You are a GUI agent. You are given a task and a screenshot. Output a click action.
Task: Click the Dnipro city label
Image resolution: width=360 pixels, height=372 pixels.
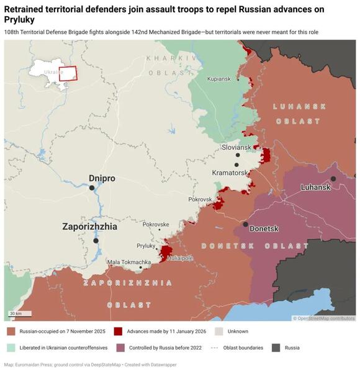pyautogui.click(x=102, y=178)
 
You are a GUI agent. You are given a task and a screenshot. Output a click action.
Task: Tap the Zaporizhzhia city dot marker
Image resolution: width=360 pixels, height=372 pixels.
pyautogui.click(x=96, y=240)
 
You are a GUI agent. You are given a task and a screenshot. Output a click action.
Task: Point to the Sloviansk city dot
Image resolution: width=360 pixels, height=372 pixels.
pyautogui.click(x=237, y=155)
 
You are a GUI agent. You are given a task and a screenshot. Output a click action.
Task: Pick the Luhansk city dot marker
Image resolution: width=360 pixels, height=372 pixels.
pyautogui.click(x=333, y=179)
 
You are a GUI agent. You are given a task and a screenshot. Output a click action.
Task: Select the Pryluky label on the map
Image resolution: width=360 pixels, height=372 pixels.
pyautogui.click(x=146, y=246)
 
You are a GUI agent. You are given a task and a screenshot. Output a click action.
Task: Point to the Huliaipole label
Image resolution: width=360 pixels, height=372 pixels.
pyautogui.click(x=180, y=257)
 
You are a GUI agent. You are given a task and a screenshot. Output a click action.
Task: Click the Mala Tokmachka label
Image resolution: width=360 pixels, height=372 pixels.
pyautogui.click(x=129, y=262)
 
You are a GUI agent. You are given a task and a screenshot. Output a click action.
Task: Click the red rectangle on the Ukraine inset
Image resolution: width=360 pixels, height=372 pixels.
pyautogui.click(x=68, y=73)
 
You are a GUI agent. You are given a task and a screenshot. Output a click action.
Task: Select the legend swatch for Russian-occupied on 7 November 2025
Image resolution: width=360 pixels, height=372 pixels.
pyautogui.click(x=11, y=332)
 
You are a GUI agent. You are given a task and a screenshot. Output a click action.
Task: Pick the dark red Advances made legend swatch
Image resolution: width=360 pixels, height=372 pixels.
pyautogui.click(x=118, y=332)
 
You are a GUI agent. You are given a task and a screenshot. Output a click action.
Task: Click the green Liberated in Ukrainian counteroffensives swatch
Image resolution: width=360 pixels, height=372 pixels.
pyautogui.click(x=11, y=348)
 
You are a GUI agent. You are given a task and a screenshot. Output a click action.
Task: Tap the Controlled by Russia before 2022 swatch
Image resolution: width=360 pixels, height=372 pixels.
pyautogui.click(x=118, y=348)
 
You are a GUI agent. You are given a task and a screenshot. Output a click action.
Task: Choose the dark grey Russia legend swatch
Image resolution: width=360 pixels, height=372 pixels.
pyautogui.click(x=276, y=348)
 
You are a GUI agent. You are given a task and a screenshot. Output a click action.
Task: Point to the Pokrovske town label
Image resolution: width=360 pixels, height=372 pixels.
pyautogui.click(x=156, y=224)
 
